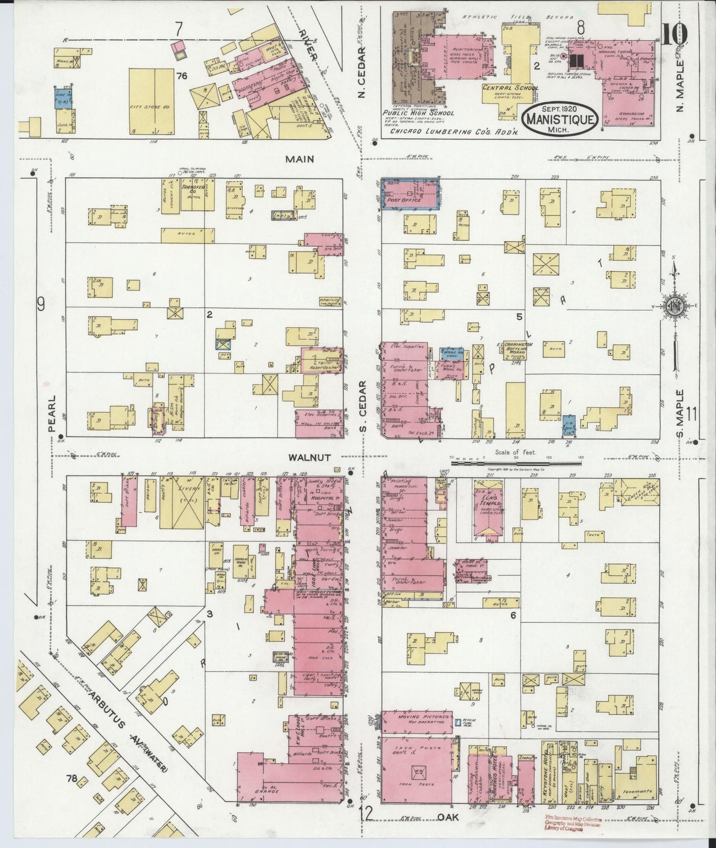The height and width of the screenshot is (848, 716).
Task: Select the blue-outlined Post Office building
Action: [x=409, y=194]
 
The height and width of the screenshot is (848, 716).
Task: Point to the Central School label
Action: [x=511, y=88]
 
